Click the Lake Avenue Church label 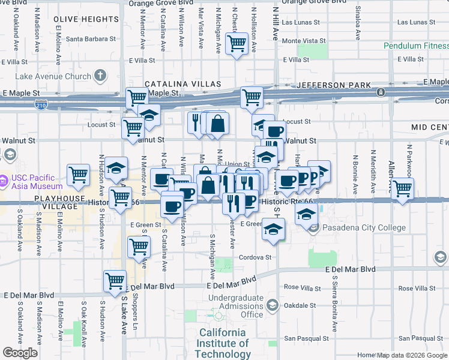coord(53,76)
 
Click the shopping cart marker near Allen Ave coord(402,188)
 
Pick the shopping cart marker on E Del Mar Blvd coord(115,280)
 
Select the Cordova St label coord(256,257)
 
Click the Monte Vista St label coord(304,41)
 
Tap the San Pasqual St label coord(304,338)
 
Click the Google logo coord(20,353)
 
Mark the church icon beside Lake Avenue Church coord(100,76)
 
